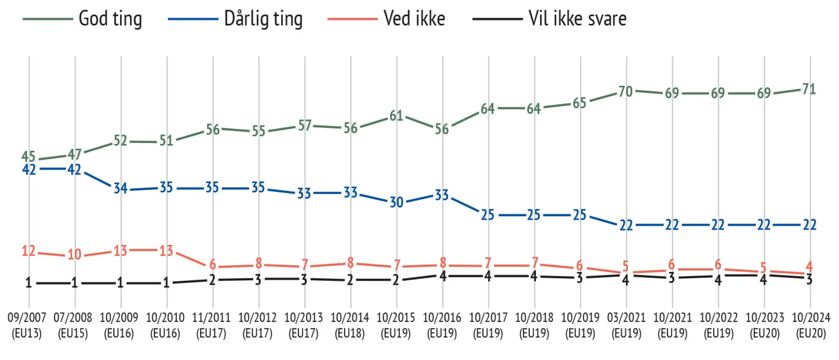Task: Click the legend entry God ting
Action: point(110,19)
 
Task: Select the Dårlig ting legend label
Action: point(263,19)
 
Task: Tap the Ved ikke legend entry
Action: point(414,19)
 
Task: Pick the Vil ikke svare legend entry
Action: point(577,19)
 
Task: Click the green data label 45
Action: point(29,157)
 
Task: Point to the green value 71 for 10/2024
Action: point(809,89)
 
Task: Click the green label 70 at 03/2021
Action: point(625,91)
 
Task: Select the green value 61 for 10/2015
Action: point(396,115)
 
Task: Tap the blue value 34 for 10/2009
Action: point(120,188)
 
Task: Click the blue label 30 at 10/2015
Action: point(396,202)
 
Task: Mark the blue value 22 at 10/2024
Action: point(810,225)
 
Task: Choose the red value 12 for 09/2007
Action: point(29,251)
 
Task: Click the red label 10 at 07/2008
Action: point(74,254)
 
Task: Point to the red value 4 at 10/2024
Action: point(809,266)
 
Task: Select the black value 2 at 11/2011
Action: point(212,280)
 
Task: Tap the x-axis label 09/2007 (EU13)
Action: point(27,325)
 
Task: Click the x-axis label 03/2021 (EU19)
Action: point(626,325)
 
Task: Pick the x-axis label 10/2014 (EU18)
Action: point(350,325)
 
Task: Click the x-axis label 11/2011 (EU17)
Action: point(211,325)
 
